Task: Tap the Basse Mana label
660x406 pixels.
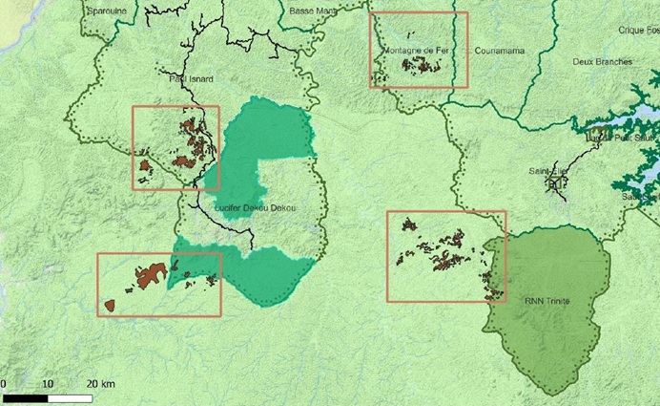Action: (311, 10)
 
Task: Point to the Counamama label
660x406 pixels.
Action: (501, 50)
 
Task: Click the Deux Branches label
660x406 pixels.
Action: (602, 61)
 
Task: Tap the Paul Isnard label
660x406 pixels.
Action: (191, 78)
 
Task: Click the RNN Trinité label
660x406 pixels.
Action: (547, 299)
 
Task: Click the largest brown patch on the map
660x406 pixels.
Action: (150, 275)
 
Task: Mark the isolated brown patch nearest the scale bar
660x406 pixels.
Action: (109, 306)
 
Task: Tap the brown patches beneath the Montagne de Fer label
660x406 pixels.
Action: (423, 65)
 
